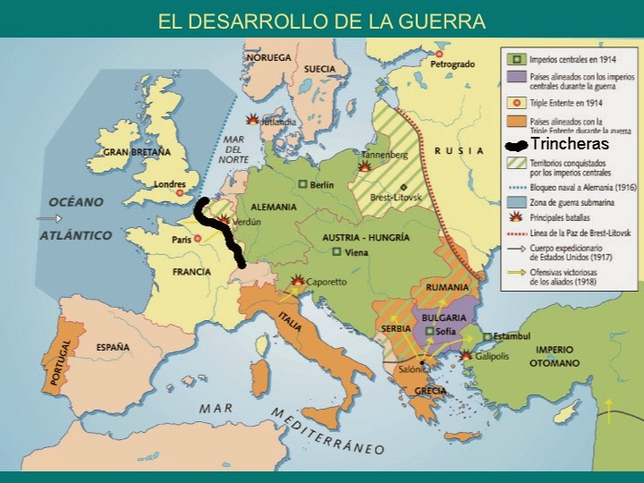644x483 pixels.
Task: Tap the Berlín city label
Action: (321, 185)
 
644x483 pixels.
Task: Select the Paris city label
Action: (182, 240)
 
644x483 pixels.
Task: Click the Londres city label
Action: (170, 185)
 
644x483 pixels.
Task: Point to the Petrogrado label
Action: (452, 65)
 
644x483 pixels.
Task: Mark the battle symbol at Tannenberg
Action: (365, 166)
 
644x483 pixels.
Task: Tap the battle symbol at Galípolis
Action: (466, 356)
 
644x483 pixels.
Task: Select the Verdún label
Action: (245, 222)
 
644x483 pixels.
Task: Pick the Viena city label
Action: (357, 253)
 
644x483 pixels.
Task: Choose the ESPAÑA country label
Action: (113, 346)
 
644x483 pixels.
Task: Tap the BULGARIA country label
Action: (445, 318)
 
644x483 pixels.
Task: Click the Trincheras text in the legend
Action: (569, 144)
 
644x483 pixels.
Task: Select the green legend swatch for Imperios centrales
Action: (516, 59)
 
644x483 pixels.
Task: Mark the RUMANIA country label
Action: (448, 287)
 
